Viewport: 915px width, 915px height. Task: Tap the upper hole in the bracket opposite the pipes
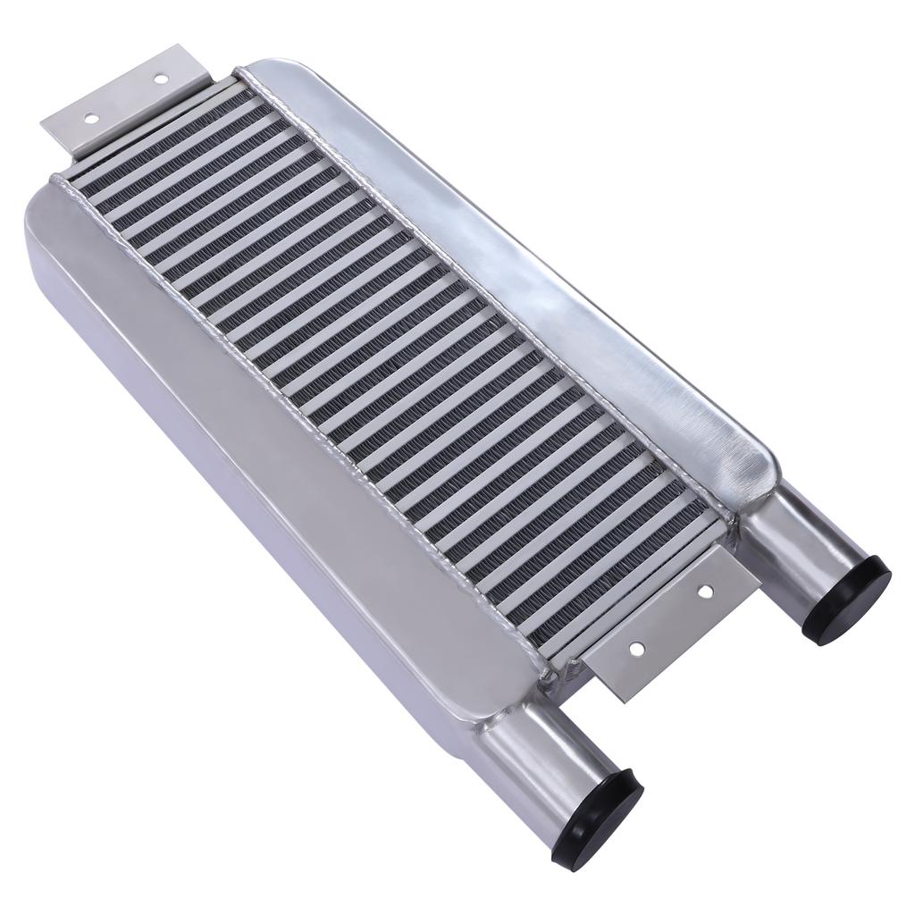coord(160,79)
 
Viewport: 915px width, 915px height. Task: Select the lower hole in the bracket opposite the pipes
coord(89,117)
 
